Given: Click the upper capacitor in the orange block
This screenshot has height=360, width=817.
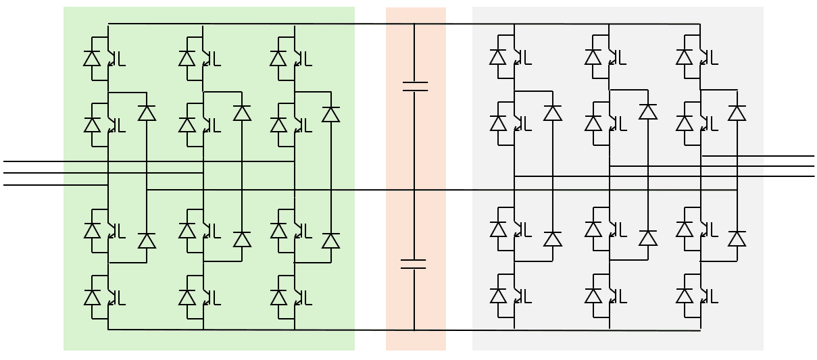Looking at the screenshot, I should point(414,86).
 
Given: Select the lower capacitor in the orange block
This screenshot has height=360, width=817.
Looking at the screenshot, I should point(414,263).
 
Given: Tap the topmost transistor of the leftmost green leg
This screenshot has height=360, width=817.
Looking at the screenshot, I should point(114,58).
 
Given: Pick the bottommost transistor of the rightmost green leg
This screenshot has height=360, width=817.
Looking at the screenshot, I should point(301,297).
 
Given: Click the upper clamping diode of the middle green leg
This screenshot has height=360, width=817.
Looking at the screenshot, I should point(242,113).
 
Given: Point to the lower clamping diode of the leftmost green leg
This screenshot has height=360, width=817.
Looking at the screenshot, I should point(147,240).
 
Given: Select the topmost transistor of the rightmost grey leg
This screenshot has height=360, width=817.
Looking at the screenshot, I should point(707,57).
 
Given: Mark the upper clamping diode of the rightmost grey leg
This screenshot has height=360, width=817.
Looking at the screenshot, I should point(737,112).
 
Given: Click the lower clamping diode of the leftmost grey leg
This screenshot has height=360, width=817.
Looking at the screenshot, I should point(553,238).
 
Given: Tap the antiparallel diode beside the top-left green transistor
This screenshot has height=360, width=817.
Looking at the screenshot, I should point(92,58).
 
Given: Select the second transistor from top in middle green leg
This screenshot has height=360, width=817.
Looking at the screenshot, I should point(209,125).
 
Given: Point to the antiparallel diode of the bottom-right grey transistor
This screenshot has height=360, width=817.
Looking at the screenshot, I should point(685,296).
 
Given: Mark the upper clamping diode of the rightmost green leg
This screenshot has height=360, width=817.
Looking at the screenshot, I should point(330,114).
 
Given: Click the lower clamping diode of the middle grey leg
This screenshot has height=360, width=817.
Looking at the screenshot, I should point(648,238).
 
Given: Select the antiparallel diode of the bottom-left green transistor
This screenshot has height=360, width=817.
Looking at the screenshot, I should point(92,297).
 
